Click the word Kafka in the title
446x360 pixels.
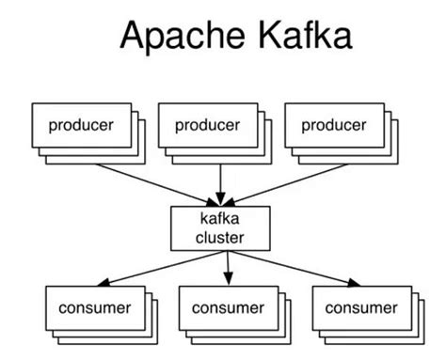pyautogui.click(x=294, y=37)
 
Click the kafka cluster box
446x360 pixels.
pyautogui.click(x=219, y=228)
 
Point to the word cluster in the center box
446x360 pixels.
pyautogui.click(x=219, y=238)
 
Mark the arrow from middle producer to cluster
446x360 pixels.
pyautogui.click(x=219, y=180)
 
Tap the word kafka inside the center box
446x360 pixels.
pyautogui.click(x=219, y=219)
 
